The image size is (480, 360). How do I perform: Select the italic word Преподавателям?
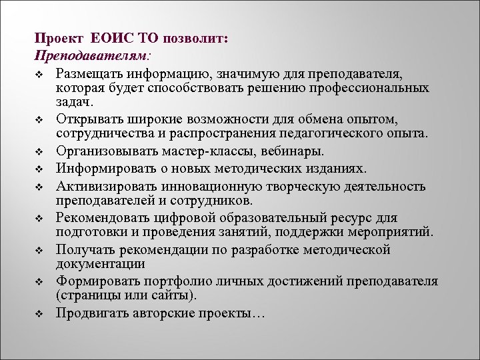(x=91, y=54)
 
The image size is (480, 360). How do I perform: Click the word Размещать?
(x=89, y=71)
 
